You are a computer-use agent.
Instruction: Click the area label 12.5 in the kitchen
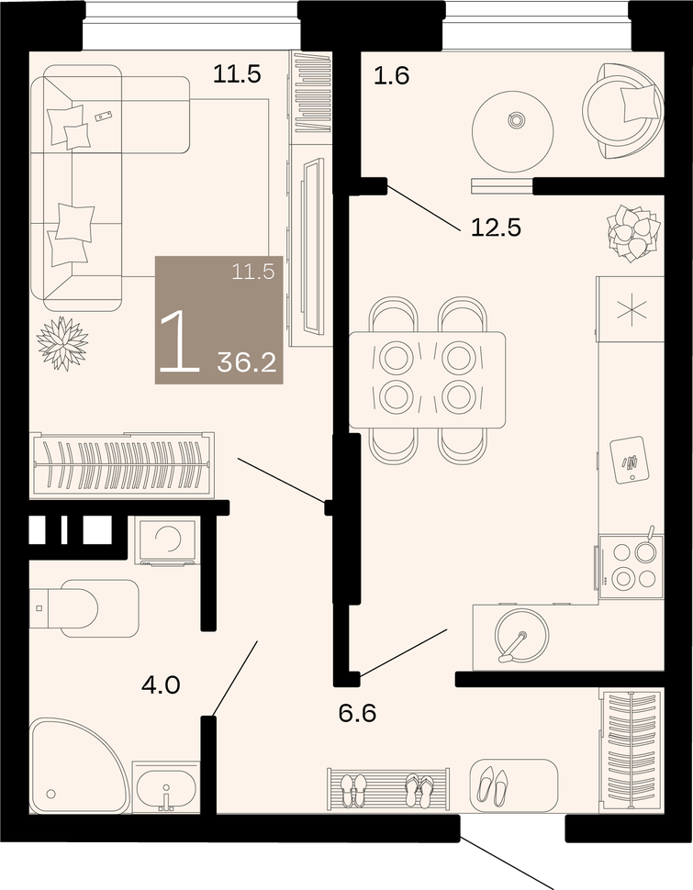coord(496,228)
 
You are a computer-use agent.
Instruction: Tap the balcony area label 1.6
coord(391,75)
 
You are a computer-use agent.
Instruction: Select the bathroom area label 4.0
coord(161,685)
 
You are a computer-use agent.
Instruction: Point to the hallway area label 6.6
coord(357,713)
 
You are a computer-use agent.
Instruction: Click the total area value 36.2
coord(247,362)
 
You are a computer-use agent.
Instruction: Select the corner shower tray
coord(78,765)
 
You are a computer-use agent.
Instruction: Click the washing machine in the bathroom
coord(166,541)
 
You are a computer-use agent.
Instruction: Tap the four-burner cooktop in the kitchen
coord(630,565)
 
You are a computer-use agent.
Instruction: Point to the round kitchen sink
coord(520,636)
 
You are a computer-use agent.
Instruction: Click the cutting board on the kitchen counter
coord(628,460)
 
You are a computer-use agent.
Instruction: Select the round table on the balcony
coord(513,131)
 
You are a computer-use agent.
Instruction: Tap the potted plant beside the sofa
coord(62,343)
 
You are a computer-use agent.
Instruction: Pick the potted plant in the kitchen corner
coord(632,233)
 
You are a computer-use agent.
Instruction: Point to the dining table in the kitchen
coord(427,380)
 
